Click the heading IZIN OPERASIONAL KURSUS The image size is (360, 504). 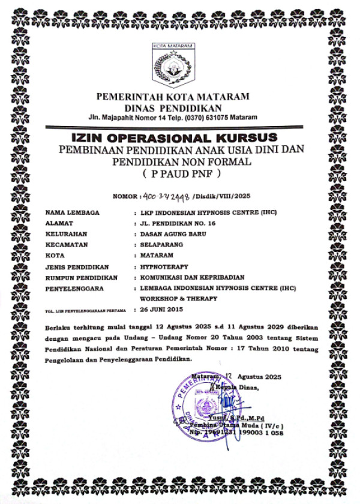(179, 136)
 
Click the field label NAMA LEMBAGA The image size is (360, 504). (73, 213)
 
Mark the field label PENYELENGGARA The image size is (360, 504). (74, 288)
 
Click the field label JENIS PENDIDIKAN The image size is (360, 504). (77, 266)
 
